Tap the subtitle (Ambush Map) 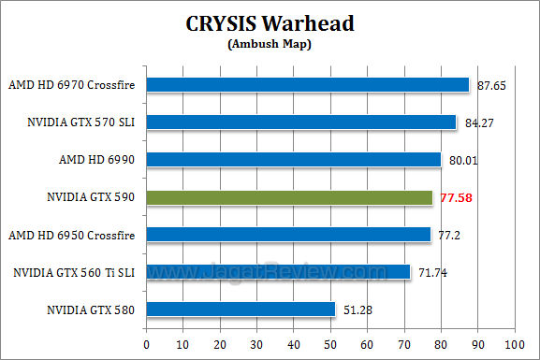coord(270,42)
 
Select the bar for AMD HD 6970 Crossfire coord(307,85)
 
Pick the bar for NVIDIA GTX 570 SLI coord(300,122)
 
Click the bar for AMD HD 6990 coord(293,160)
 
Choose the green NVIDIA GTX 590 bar coord(289,197)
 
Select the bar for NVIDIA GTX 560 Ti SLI coord(278,272)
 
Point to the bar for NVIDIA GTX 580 coord(241,310)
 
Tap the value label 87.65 coord(491,85)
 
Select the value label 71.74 coord(432,272)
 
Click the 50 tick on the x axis coord(330,344)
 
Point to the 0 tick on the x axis coord(147,344)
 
